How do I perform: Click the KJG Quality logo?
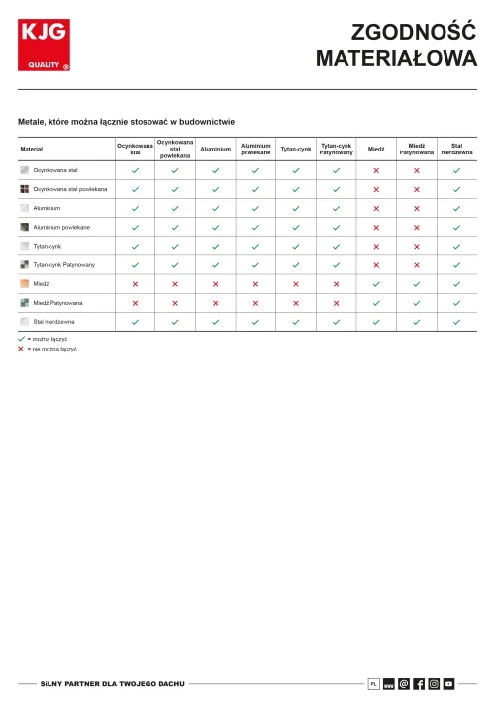coord(44,46)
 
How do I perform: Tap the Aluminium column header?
coord(215,149)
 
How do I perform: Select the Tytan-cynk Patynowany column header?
coord(337,149)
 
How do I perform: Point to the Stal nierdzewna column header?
coord(456,149)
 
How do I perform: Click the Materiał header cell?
coord(32,149)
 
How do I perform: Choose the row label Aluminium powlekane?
coord(61,227)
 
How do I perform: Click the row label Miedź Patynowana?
coord(57,303)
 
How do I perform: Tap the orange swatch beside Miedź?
coord(25,284)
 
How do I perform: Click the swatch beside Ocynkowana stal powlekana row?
coord(25,189)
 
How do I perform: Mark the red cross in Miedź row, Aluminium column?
coord(215,284)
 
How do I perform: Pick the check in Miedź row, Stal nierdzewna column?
coord(456,284)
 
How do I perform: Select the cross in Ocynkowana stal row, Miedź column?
coord(376,170)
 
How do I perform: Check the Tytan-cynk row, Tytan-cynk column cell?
coord(296,246)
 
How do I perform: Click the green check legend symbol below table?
coord(21,339)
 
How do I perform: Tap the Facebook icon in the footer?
coord(419,683)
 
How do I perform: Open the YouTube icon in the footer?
coord(448,683)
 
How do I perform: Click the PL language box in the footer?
coord(374,683)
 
